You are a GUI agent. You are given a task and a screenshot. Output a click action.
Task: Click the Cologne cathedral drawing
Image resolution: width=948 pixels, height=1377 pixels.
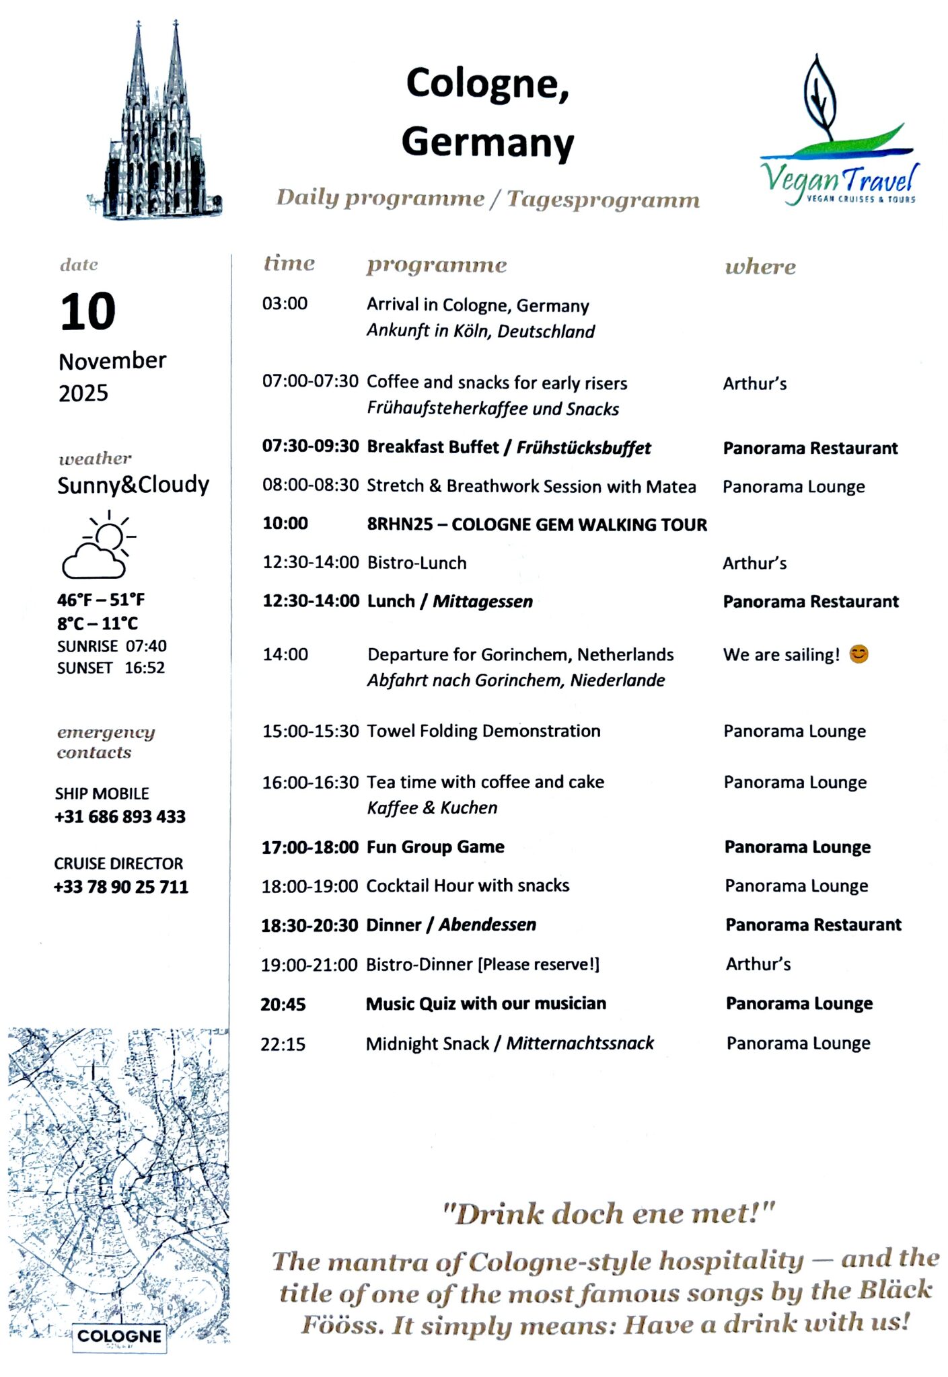click(x=155, y=128)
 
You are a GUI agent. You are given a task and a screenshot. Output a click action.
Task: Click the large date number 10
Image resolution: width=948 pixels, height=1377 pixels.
click(x=87, y=312)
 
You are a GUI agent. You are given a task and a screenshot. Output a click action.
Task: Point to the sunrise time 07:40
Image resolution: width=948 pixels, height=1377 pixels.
click(x=146, y=646)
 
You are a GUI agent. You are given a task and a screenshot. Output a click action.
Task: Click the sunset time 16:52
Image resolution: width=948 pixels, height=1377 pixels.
click(x=145, y=668)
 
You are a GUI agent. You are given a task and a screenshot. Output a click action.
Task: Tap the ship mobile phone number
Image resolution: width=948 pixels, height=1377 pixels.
click(x=120, y=817)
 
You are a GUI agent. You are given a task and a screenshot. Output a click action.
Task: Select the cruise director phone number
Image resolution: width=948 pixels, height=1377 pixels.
click(x=121, y=887)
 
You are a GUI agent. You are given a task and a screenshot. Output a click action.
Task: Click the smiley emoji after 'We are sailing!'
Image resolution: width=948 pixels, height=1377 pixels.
click(x=859, y=654)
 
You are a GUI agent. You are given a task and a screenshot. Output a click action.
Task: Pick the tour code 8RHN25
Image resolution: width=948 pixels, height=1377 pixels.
click(x=400, y=524)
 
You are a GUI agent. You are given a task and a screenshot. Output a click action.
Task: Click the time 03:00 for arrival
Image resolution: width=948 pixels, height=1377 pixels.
click(x=285, y=303)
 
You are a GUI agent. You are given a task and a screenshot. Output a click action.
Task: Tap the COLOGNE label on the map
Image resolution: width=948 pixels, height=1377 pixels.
click(x=120, y=1335)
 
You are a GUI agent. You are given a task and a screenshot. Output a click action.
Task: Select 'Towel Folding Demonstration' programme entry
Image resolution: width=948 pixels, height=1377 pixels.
click(x=483, y=731)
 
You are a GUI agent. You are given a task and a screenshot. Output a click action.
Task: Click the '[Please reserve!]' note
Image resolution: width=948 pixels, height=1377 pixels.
click(x=538, y=964)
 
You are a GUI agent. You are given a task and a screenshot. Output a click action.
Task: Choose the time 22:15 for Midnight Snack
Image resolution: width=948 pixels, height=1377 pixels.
click(x=283, y=1044)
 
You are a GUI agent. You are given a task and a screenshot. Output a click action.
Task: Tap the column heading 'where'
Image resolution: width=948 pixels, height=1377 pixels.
click(x=760, y=267)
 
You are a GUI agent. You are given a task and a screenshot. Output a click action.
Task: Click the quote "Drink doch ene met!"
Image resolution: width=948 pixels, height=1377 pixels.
click(x=609, y=1214)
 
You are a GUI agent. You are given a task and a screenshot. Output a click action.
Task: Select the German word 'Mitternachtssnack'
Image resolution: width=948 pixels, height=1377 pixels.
click(x=580, y=1043)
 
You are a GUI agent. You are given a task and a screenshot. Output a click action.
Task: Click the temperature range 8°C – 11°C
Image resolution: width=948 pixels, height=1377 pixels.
click(x=98, y=623)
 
